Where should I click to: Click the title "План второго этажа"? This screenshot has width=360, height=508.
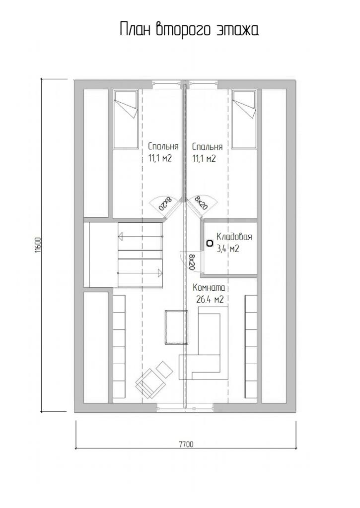(189, 29)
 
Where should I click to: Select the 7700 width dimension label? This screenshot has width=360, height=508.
(186, 444)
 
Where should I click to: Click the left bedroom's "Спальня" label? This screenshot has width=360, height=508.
(163, 146)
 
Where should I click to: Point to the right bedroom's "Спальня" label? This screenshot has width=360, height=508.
(207, 147)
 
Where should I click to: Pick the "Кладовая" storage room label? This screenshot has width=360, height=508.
(234, 237)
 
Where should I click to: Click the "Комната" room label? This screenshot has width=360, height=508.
(209, 288)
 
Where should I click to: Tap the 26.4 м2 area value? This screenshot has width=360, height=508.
(210, 300)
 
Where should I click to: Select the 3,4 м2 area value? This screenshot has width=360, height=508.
(228, 249)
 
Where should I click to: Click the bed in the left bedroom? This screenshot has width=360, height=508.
(125, 119)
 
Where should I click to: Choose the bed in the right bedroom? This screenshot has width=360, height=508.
(244, 119)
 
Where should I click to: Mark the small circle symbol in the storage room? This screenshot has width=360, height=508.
(210, 243)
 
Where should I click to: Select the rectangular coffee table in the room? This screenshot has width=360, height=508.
(176, 327)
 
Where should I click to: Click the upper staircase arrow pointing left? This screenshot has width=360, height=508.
(140, 237)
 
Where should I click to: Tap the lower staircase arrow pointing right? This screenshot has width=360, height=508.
(140, 273)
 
